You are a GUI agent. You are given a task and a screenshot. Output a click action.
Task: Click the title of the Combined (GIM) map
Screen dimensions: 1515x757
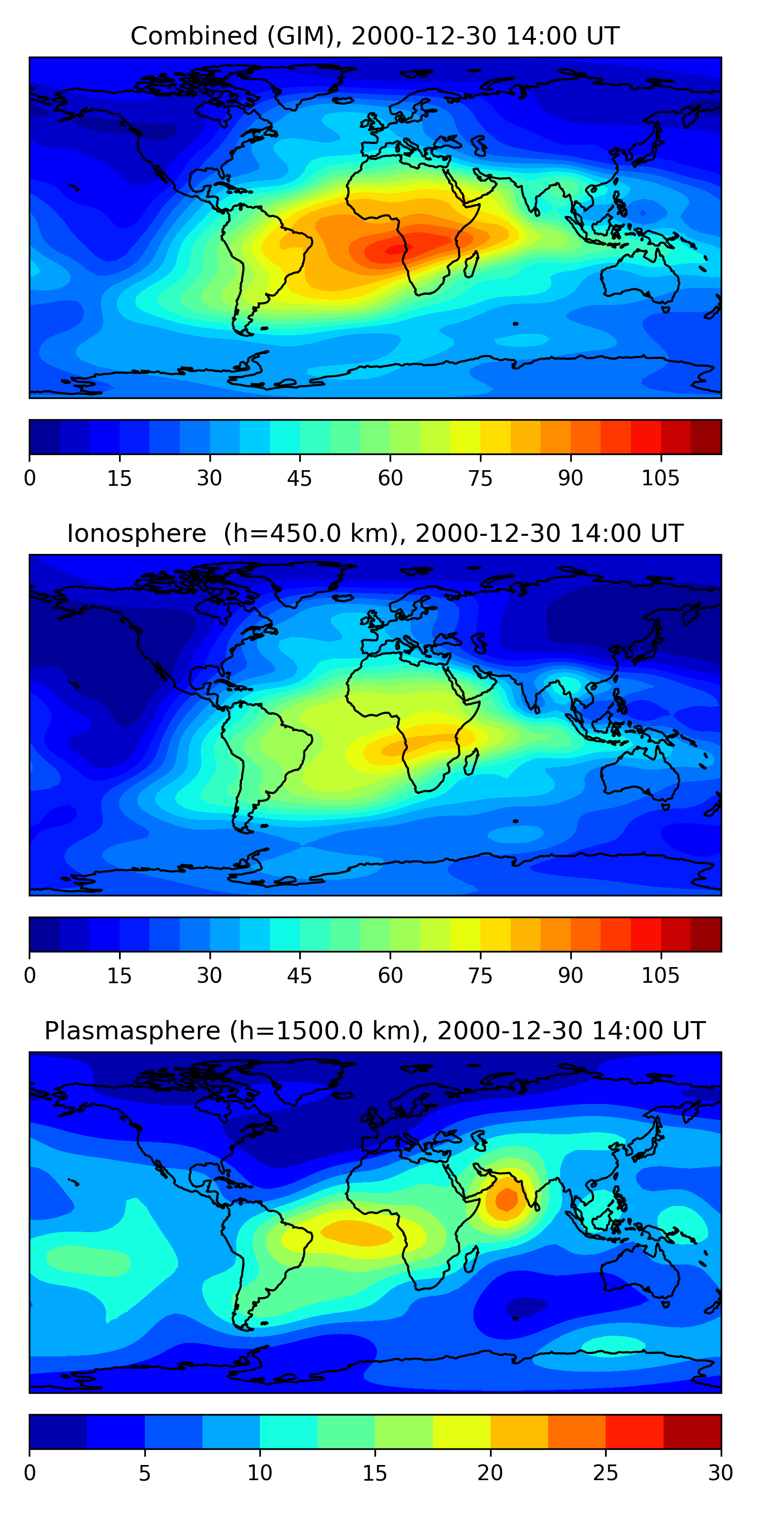click(375, 36)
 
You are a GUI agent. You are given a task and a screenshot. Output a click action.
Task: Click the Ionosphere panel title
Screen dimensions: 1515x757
click(375, 533)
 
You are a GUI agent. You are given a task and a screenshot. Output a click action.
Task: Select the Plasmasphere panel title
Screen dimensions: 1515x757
click(375, 1031)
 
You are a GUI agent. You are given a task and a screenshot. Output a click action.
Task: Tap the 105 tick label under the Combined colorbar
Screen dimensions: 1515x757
click(660, 478)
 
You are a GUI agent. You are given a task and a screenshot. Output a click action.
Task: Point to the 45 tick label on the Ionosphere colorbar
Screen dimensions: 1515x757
click(299, 976)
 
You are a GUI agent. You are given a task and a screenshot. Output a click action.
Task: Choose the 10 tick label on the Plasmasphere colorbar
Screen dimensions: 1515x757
click(259, 1473)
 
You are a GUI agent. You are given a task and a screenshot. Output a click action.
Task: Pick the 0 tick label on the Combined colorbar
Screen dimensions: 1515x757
click(30, 478)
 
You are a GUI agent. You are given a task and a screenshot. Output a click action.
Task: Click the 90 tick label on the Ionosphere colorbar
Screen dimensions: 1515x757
click(570, 976)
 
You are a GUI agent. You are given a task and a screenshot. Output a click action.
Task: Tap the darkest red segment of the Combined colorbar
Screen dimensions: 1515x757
click(706, 437)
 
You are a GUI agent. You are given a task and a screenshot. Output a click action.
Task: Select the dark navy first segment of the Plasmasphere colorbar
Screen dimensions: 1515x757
click(58, 1432)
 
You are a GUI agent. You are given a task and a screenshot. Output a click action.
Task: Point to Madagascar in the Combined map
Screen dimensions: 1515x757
click(471, 264)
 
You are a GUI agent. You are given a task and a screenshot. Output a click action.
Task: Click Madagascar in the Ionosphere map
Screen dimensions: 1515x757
click(471, 762)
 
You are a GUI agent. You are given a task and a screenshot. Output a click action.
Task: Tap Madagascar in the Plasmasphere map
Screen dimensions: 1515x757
click(471, 1259)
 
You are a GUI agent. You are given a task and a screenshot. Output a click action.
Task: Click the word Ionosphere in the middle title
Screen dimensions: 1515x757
click(136, 533)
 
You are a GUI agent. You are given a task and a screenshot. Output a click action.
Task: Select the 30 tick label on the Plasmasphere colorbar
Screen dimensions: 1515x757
click(720, 1473)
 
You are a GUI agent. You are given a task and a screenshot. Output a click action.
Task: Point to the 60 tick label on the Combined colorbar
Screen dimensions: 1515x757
click(390, 478)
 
